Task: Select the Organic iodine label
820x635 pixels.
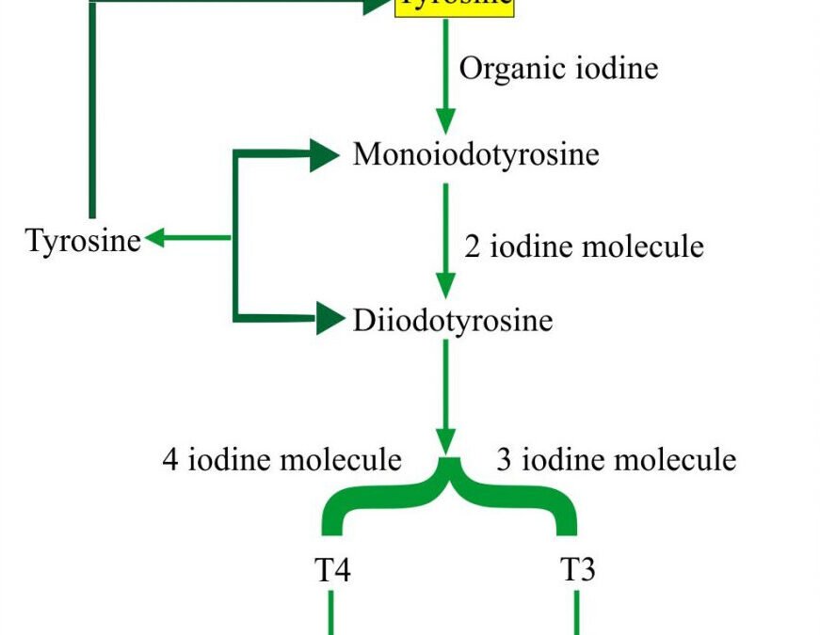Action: [x=558, y=69]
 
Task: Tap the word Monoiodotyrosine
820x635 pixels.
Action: [x=475, y=154]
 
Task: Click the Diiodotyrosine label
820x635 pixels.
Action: [x=453, y=321]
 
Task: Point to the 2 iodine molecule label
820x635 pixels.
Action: [x=584, y=246]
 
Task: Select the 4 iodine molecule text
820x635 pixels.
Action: [x=281, y=459]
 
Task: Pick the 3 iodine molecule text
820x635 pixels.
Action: [x=616, y=459]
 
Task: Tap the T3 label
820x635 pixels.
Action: [x=577, y=570]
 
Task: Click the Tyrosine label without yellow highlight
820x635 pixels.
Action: [x=84, y=240]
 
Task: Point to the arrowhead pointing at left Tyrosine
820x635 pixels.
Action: [x=155, y=238]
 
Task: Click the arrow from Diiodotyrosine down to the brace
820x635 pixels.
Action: [x=446, y=390]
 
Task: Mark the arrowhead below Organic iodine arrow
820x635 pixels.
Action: [x=446, y=120]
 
